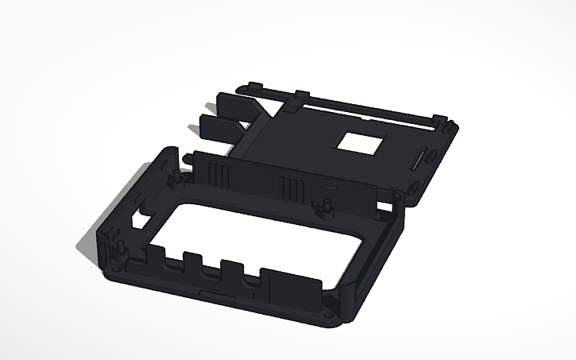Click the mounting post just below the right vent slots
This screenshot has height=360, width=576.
(x=326, y=207)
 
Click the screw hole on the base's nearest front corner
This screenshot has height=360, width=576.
(x=329, y=315)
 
